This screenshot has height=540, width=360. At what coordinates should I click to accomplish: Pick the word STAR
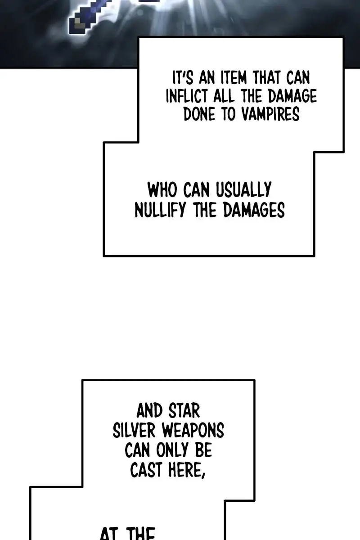(184, 411)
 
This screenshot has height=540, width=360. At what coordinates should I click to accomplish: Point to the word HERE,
(186, 471)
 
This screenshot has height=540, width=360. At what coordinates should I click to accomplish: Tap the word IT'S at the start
(183, 78)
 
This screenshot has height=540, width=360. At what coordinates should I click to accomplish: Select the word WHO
(163, 190)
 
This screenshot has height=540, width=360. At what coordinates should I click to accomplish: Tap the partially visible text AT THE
(127, 534)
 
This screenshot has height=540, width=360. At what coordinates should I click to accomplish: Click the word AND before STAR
(149, 411)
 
